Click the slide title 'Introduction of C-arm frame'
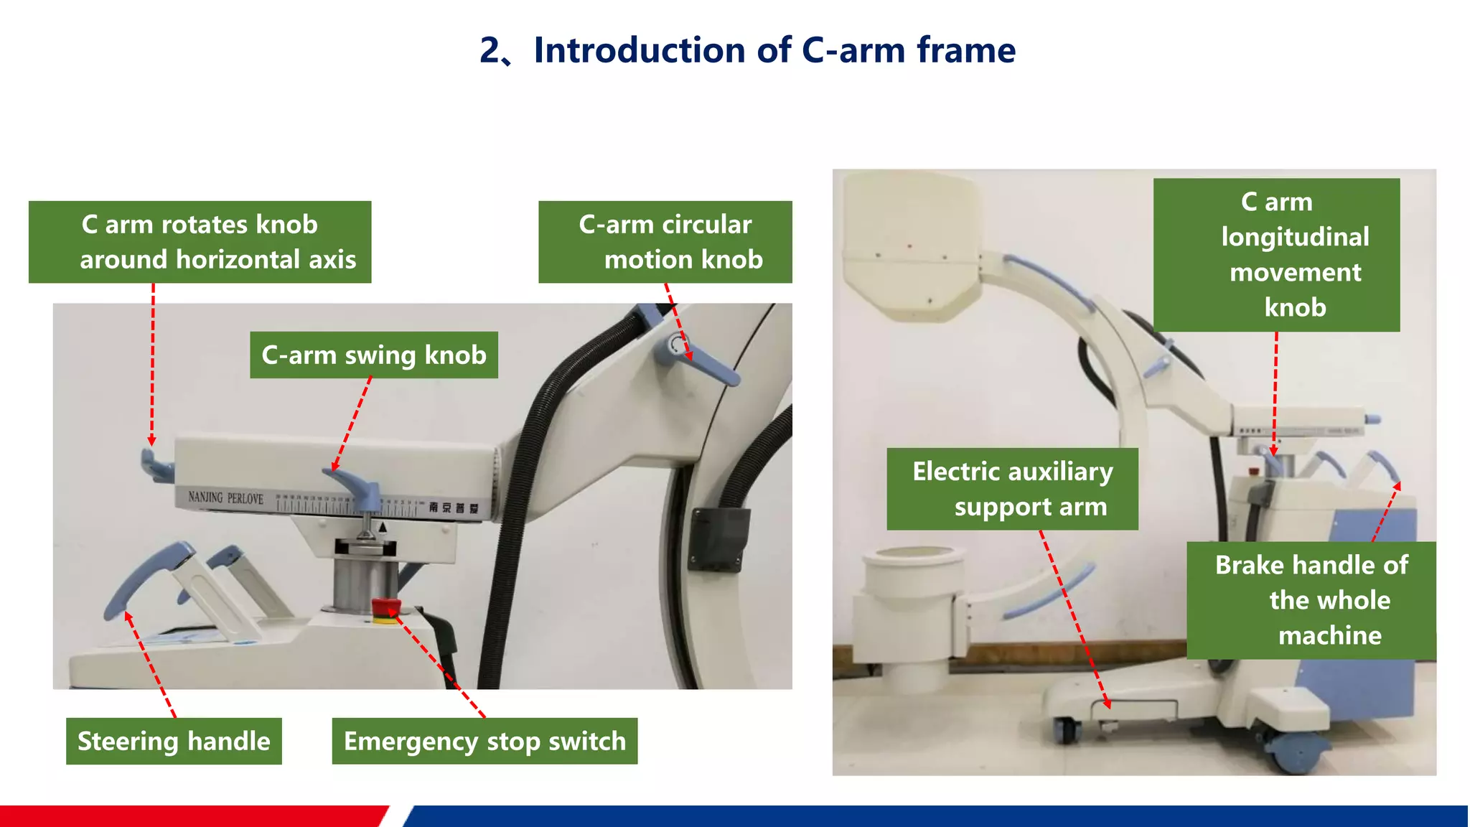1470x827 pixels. coord(774,50)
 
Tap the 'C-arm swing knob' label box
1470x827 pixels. coord(374,355)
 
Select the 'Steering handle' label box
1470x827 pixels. coord(174,741)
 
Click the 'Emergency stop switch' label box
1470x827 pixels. coord(484,741)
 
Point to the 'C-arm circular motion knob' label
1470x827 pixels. coord(665,242)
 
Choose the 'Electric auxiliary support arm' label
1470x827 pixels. coord(1012,489)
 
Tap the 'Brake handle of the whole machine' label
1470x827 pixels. coord(1311,600)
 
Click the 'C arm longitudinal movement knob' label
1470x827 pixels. coord(1276,255)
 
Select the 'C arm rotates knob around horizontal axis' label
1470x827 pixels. coord(200,242)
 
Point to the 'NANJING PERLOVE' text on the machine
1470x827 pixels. coord(225,497)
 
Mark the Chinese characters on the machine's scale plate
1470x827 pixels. coord(454,508)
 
